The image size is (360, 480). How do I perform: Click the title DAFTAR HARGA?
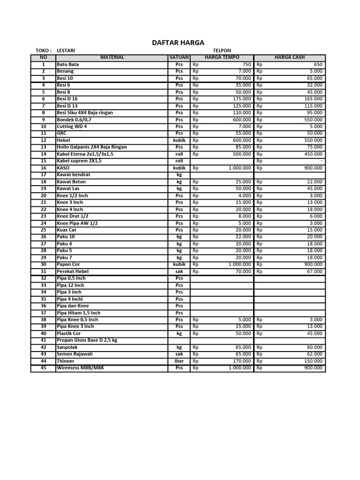(x=178, y=43)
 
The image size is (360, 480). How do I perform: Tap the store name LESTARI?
(x=66, y=51)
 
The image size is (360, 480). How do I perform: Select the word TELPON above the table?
(x=222, y=51)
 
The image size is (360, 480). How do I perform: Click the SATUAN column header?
(x=179, y=57)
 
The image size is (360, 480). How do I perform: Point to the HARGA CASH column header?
(x=289, y=57)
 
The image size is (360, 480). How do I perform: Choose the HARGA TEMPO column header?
(x=222, y=57)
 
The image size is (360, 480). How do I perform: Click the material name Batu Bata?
(x=67, y=64)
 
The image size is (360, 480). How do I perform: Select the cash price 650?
(x=318, y=64)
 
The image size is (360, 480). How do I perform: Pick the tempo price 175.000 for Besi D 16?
(x=242, y=99)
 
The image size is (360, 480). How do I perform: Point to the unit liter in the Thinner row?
(x=179, y=361)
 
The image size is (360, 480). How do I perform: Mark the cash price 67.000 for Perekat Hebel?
(x=315, y=271)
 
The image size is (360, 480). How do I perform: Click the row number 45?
(x=43, y=368)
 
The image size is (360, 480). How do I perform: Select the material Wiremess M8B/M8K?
(x=80, y=368)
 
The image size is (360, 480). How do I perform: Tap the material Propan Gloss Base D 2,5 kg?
(x=87, y=340)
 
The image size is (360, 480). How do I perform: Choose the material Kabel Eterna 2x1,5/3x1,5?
(x=85, y=154)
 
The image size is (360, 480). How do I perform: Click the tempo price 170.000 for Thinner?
(x=242, y=361)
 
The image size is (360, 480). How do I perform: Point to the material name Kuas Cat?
(x=67, y=230)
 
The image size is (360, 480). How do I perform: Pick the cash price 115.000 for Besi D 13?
(x=313, y=106)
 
